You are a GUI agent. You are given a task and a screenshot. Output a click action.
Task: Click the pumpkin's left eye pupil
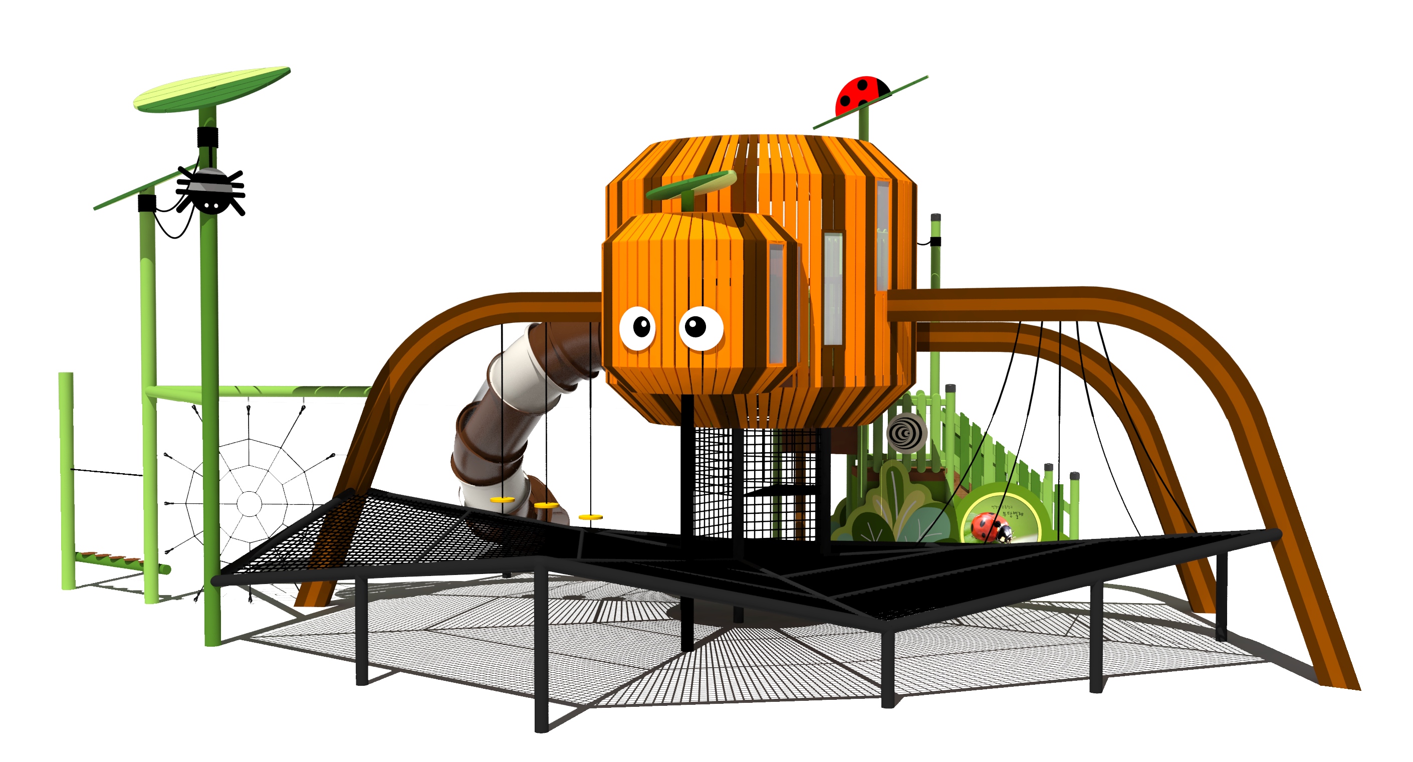641,328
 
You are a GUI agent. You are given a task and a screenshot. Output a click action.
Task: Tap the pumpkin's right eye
701,328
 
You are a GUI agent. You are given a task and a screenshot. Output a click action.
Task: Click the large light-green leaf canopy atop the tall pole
211,90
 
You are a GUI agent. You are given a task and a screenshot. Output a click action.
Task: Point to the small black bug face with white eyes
210,206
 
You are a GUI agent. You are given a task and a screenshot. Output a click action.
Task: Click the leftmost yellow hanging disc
502,500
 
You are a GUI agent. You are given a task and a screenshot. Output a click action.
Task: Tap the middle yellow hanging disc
546,505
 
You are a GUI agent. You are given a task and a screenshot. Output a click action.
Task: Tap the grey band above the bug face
210,187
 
